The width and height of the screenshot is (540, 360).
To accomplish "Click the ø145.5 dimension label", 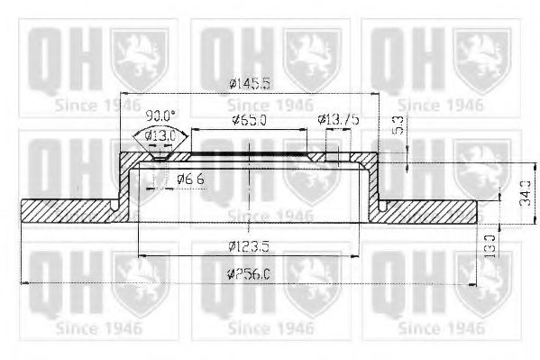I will (x=249, y=84).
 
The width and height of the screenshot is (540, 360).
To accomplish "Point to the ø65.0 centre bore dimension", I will (x=249, y=120).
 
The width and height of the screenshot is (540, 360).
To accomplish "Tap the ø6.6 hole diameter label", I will (x=190, y=180).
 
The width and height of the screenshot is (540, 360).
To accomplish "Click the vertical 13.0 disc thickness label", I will (x=488, y=244).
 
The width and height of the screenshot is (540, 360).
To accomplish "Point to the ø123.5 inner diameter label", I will (x=249, y=245).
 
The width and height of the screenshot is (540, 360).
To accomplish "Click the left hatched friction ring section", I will (x=68, y=208).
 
